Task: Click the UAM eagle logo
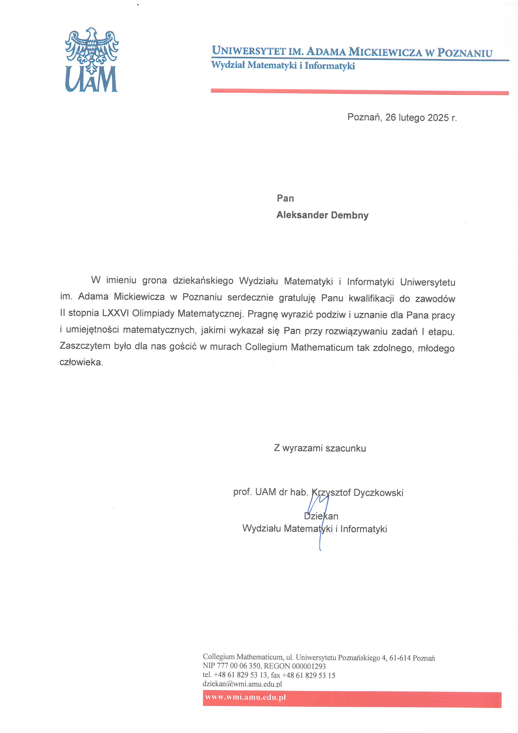[92, 60]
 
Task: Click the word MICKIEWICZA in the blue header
[385, 52]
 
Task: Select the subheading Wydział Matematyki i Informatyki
[283, 66]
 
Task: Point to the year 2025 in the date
[438, 118]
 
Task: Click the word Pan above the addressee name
[285, 198]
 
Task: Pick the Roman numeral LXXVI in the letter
[116, 313]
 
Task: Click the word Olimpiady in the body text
[153, 314]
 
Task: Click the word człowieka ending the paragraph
[81, 362]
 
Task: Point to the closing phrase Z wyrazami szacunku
[320, 448]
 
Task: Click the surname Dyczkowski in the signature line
[378, 493]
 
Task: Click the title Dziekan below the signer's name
[321, 516]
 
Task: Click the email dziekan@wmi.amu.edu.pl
[242, 684]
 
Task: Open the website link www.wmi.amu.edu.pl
[245, 697]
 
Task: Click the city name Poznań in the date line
[364, 118]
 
